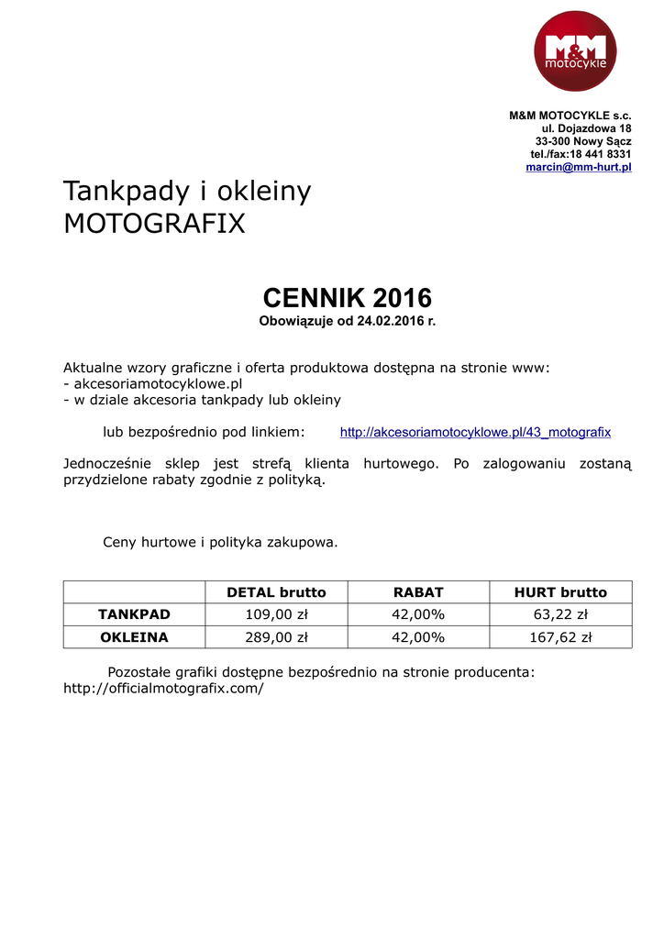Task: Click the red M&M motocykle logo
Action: pyautogui.click(x=575, y=51)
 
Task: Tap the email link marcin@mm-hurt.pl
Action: pyautogui.click(x=578, y=168)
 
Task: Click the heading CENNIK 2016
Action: pyautogui.click(x=347, y=298)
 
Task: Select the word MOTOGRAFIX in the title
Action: pyautogui.click(x=154, y=223)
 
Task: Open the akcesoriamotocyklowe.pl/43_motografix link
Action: pyautogui.click(x=475, y=432)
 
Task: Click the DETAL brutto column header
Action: pyautogui.click(x=276, y=592)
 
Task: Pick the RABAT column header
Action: pyautogui.click(x=418, y=592)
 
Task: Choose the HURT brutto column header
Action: pyautogui.click(x=560, y=592)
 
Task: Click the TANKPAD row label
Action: pyautogui.click(x=135, y=614)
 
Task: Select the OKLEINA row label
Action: pyautogui.click(x=135, y=637)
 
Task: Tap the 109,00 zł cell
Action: pyautogui.click(x=276, y=614)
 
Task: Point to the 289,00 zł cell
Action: pyautogui.click(x=276, y=637)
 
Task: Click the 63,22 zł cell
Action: pyautogui.click(x=560, y=614)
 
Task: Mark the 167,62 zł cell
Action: pyautogui.click(x=560, y=637)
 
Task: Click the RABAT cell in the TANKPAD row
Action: pyautogui.click(x=418, y=614)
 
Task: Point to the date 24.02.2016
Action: pyautogui.click(x=392, y=322)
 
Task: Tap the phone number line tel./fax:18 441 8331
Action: pyautogui.click(x=581, y=154)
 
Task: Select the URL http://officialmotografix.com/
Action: pyautogui.click(x=163, y=688)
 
